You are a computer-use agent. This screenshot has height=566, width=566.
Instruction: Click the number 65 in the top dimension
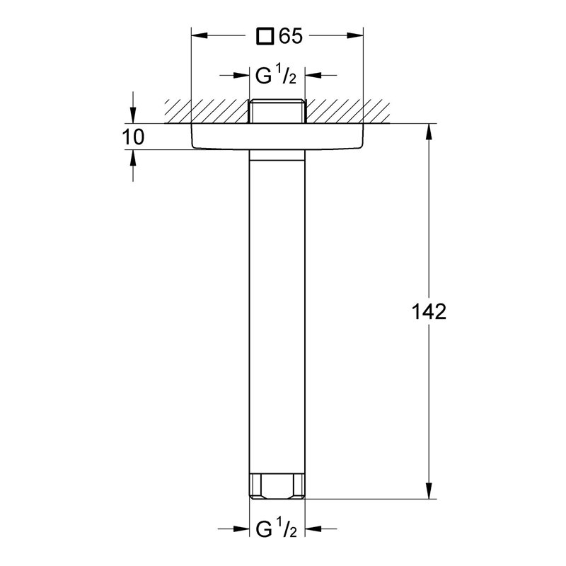coord(291,37)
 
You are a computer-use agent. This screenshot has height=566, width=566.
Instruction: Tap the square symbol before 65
coord(265,37)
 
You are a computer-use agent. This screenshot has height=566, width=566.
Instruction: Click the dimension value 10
coord(132,137)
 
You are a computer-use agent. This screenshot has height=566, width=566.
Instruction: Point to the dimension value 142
coord(428,312)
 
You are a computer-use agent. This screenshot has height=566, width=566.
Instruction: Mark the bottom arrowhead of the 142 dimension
coord(429,492)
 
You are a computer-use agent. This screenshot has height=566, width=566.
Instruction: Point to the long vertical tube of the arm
coord(277,311)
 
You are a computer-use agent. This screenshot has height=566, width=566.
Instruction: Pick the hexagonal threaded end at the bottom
coord(277,487)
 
